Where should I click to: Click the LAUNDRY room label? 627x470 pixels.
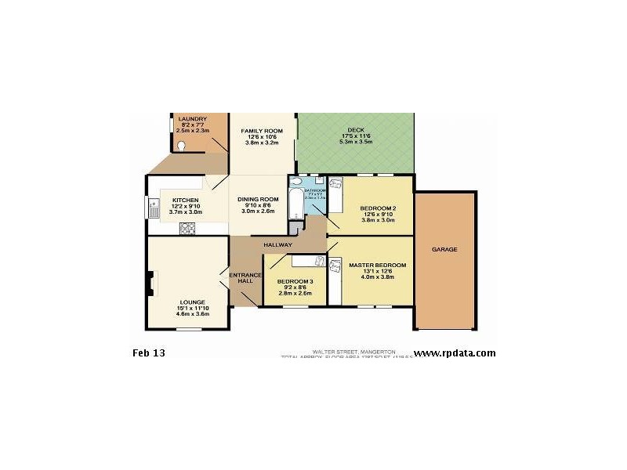click(x=192, y=119)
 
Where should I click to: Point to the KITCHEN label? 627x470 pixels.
click(x=186, y=201)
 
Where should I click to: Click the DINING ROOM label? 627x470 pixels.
click(x=258, y=200)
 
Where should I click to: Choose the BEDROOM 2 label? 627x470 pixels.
click(x=376, y=208)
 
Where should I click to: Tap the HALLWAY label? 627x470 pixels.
click(x=277, y=245)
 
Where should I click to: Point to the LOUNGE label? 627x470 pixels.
click(x=192, y=302)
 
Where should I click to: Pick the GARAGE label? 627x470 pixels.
click(x=444, y=250)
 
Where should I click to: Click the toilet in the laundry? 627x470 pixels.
click(x=181, y=145)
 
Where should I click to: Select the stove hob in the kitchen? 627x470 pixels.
click(x=188, y=229)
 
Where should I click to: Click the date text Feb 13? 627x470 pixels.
click(x=149, y=353)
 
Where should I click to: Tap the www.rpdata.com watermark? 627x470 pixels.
click(x=455, y=353)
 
